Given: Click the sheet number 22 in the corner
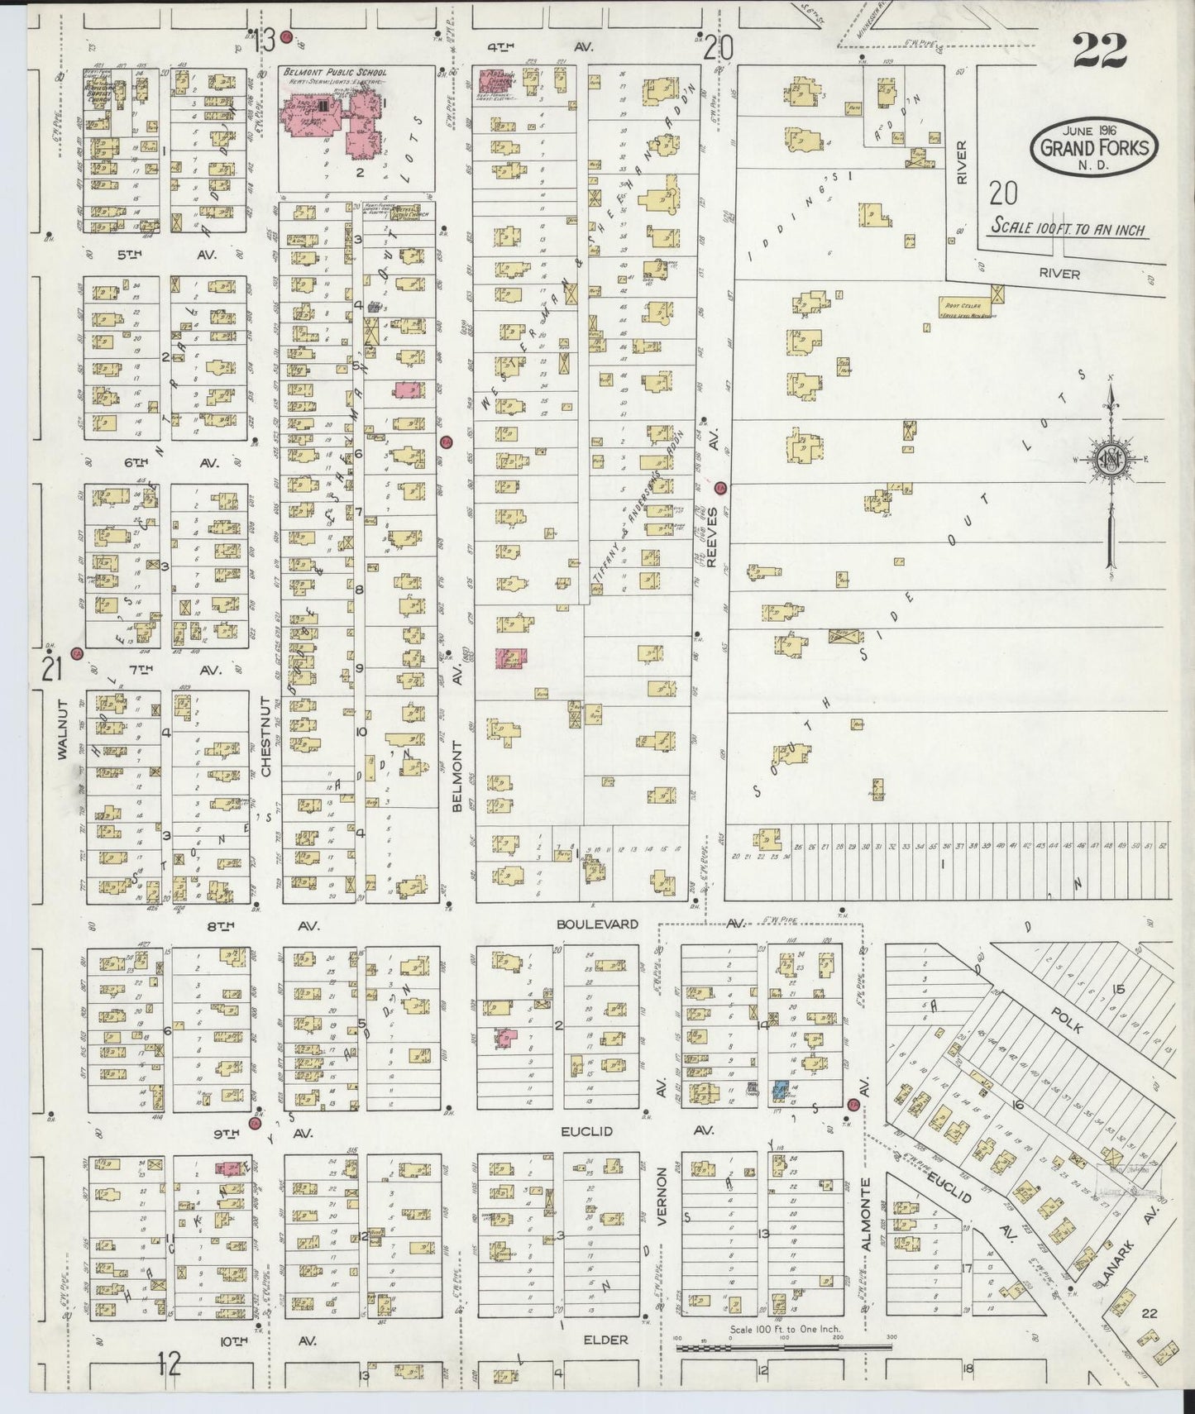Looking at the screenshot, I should coord(1101,51).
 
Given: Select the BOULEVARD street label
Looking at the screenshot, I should coord(597,924).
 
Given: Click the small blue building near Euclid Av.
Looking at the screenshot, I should coord(779,1091).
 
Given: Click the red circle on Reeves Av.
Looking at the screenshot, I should coord(720,488).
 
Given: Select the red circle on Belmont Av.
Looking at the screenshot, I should coord(446,442).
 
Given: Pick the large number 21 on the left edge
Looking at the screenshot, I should coord(52,669).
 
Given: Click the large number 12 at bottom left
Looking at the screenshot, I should coord(169,1365).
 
